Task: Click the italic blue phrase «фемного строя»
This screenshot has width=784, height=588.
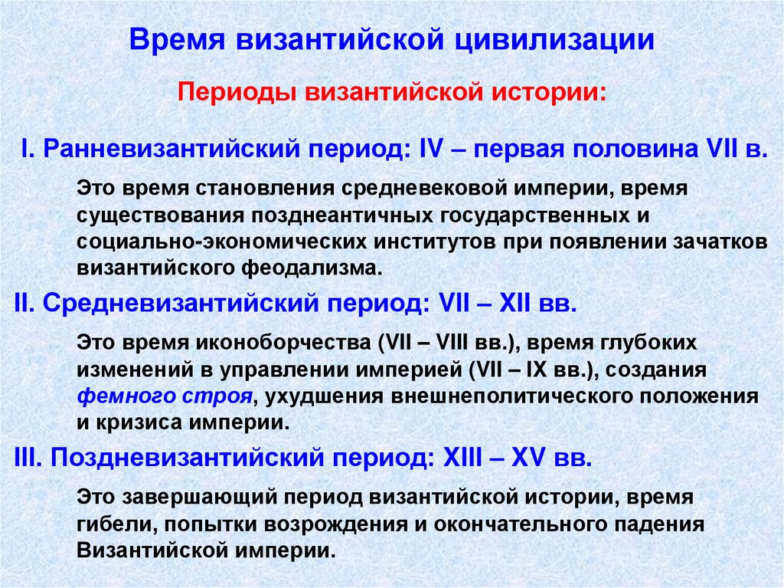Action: [x=165, y=396]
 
